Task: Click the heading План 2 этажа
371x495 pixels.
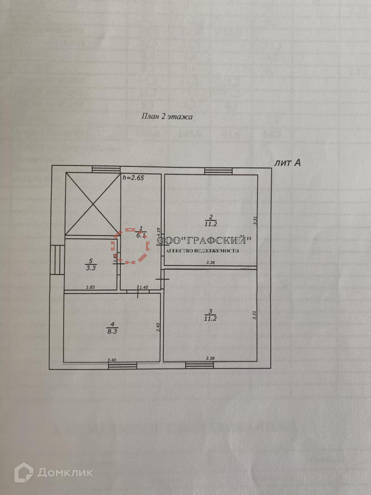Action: (167, 116)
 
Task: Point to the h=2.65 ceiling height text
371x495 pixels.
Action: (133, 178)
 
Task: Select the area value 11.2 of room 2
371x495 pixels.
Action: (211, 223)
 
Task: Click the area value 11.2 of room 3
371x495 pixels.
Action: (211, 318)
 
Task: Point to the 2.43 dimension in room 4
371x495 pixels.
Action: (157, 327)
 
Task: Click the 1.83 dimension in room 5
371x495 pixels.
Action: (90, 287)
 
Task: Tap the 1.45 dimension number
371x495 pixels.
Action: (143, 287)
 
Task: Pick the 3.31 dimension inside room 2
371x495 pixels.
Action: (255, 220)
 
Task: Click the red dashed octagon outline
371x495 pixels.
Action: (131, 245)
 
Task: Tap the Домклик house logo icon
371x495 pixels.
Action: (23, 472)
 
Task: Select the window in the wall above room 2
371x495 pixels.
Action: (218, 171)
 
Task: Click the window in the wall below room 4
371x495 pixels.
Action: (123, 365)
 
